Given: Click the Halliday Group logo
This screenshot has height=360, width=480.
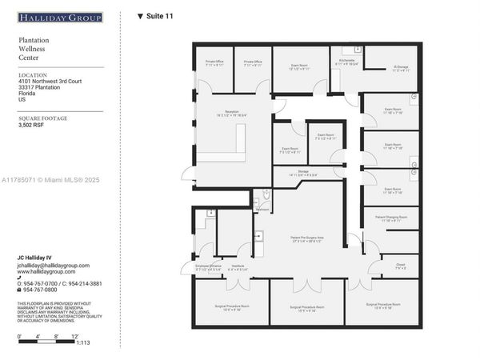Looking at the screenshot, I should click(60, 17).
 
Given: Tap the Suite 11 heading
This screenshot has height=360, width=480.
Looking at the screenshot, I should click(155, 16).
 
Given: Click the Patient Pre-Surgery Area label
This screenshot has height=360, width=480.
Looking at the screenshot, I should click(306, 238).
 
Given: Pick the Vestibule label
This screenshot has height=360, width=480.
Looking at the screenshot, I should click(238, 266).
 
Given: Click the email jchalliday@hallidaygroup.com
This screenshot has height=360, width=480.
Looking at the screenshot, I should click(54, 266).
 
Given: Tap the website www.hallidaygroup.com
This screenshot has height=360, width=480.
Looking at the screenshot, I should click(47, 272).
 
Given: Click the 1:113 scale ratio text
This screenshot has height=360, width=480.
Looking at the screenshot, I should click(83, 342).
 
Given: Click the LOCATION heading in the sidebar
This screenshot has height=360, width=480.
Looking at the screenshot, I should click(33, 74).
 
